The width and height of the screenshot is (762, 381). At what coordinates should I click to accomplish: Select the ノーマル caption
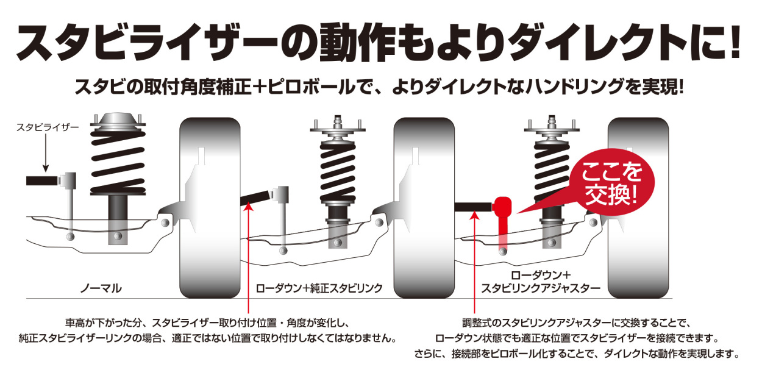(x=101, y=287)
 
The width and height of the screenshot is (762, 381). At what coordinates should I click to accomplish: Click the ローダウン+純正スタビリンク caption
(x=319, y=287)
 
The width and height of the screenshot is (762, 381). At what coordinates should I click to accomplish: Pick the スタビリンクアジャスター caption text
(x=541, y=287)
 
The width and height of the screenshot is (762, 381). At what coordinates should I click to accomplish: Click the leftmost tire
(x=210, y=207)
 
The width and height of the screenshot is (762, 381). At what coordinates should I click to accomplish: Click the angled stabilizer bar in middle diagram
(x=257, y=198)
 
